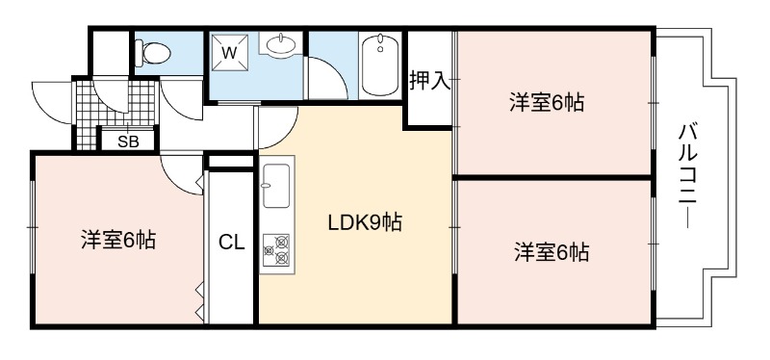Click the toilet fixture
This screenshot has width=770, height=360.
tap(153, 53)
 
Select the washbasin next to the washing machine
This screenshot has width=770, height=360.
tap(281, 44)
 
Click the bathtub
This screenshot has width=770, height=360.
tap(379, 65)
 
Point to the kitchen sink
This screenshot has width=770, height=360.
tap(275, 186)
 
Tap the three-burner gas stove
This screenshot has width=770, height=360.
tap(276, 250)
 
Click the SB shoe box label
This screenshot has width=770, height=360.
tap(128, 141)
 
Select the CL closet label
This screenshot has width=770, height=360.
tap(232, 243)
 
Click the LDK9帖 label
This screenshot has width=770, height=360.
tap(365, 223)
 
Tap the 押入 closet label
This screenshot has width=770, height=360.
tap(430, 82)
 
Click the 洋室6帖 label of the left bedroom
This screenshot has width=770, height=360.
tap(118, 241)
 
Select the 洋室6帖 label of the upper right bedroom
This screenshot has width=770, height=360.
tap(547, 104)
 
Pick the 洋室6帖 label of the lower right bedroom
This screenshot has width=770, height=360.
tap(552, 252)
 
